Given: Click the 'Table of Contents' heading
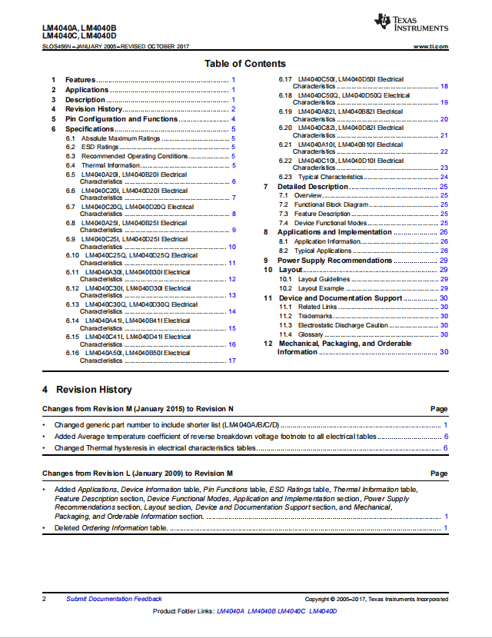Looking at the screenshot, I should [244, 64].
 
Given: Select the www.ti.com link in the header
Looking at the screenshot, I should [431, 47].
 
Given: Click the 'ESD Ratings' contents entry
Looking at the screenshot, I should [100, 147].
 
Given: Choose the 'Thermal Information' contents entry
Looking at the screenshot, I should [111, 165].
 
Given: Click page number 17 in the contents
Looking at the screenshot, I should [231, 361].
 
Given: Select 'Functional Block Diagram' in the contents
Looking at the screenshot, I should [331, 204].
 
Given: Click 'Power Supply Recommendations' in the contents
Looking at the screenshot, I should [334, 261].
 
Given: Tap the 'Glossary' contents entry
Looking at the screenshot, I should [311, 334].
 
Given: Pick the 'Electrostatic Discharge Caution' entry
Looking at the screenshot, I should [344, 325].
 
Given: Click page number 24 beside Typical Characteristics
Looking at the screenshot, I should [444, 177].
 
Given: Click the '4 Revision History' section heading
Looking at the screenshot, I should [87, 390].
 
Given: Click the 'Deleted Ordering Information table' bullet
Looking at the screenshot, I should [111, 528].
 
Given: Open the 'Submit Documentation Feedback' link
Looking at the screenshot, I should [114, 599].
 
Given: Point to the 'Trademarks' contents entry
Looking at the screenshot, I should [315, 316].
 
